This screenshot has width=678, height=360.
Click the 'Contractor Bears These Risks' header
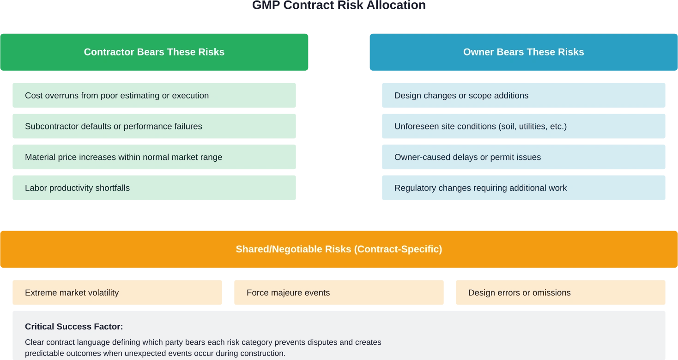[154, 52]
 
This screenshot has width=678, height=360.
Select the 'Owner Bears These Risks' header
[523, 52]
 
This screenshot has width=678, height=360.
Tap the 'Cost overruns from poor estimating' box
[154, 96]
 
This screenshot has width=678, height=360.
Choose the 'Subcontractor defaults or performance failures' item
[154, 127]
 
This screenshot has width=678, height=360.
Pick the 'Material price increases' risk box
[154, 158]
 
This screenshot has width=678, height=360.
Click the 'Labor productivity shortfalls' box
[154, 188]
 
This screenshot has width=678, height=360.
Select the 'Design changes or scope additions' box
[523, 96]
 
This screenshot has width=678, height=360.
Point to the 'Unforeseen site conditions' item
[523, 127]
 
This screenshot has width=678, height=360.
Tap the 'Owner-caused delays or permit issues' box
[523, 158]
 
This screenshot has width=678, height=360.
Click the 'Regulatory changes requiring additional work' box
[523, 188]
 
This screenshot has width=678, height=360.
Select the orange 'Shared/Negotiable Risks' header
[339, 250]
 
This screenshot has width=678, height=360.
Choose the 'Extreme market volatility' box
[117, 293]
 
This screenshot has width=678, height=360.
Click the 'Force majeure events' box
[339, 293]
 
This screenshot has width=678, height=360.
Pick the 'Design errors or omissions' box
[560, 293]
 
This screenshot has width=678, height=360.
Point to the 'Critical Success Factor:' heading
[74, 327]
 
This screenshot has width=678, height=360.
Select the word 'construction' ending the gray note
[262, 354]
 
